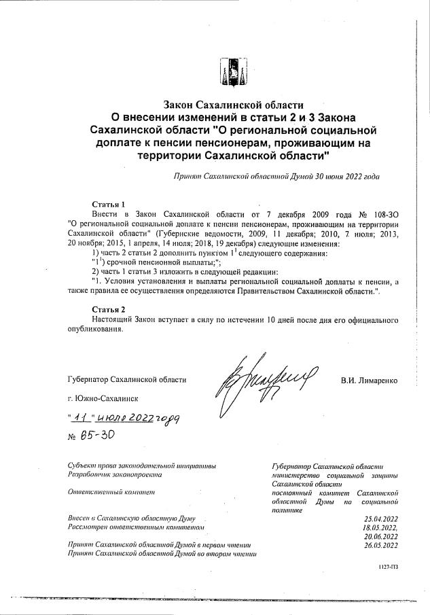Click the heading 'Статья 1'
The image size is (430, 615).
(x=108, y=205)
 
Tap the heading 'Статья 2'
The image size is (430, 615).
(x=108, y=309)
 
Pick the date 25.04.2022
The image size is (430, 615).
(x=380, y=519)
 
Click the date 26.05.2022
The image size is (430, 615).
(x=380, y=545)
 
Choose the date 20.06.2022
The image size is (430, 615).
(x=380, y=536)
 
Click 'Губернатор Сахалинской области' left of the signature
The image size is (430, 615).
(x=126, y=381)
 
